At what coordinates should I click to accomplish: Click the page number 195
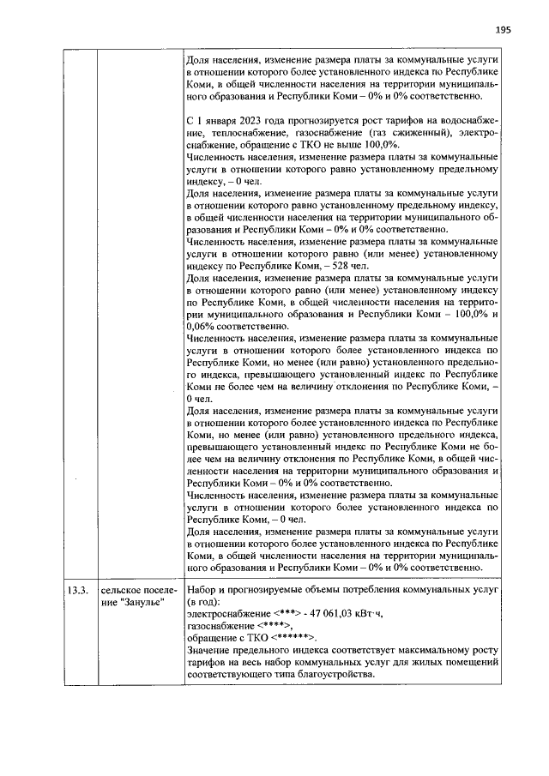click(x=503, y=29)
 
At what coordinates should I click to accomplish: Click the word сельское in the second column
click(x=122, y=590)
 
